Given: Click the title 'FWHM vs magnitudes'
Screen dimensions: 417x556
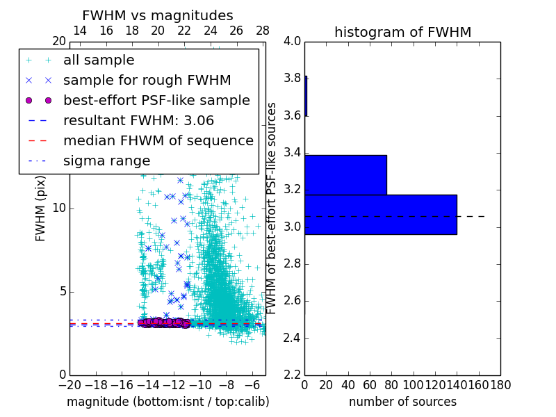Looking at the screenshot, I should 158,15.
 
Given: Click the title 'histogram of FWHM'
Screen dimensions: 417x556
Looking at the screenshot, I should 402,32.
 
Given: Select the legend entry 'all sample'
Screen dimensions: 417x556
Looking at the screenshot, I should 99,60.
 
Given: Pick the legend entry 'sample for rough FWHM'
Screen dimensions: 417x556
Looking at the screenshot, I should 147,80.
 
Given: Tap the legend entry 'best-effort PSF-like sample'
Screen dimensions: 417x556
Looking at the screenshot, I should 156,100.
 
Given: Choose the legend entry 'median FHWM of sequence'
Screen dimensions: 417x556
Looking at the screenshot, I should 158,140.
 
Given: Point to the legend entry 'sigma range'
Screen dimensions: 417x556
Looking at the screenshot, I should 106,161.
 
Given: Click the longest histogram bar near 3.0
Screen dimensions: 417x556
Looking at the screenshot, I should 380,214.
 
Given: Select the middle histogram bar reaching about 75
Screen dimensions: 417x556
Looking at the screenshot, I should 345,174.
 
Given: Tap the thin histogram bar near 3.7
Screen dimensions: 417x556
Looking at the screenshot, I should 306,96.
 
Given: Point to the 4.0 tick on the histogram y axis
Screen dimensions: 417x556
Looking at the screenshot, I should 292,41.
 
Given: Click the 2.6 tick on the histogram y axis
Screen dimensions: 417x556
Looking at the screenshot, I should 292,301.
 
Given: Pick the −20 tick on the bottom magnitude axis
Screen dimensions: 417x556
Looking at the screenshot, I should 69,385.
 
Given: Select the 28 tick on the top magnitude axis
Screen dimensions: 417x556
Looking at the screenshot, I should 263,31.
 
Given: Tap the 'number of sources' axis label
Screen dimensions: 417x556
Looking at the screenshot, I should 402,402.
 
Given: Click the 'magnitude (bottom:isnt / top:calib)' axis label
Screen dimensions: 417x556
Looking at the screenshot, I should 167,402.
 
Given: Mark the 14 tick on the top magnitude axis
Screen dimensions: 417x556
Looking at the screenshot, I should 80,31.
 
